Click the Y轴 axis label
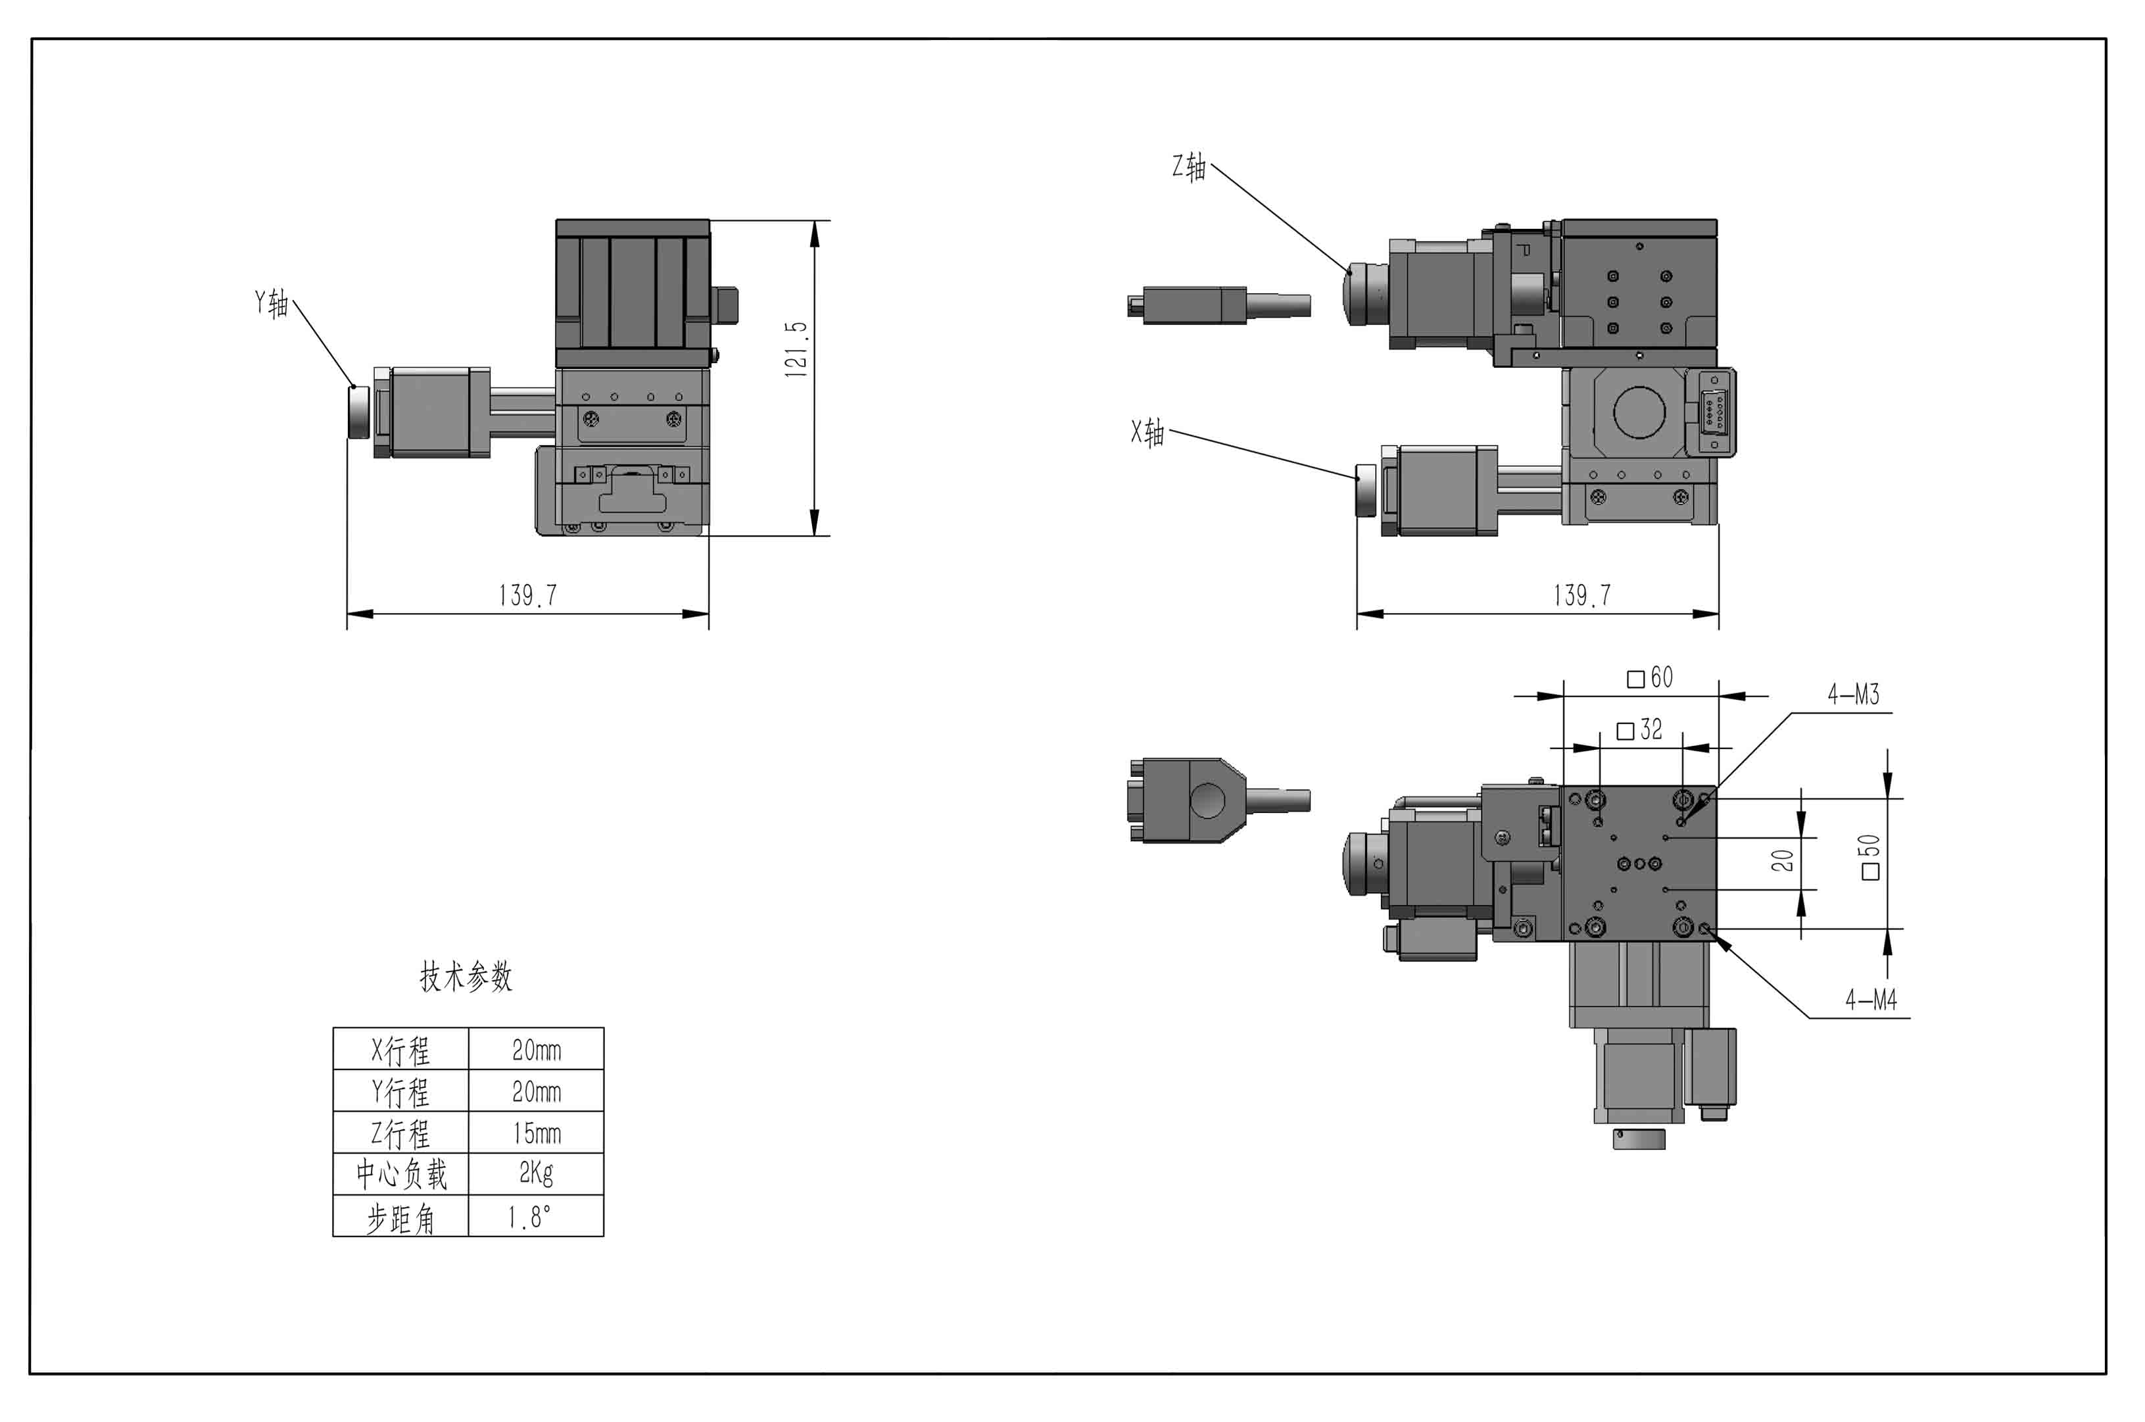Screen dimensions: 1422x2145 point(271,303)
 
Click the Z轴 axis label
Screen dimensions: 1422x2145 point(1188,167)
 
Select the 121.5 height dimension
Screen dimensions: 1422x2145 point(795,349)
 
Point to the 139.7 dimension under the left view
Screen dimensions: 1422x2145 point(527,596)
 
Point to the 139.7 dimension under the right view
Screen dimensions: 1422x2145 point(1582,596)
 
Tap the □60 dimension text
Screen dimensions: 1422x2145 point(1650,678)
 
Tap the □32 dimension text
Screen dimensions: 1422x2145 point(1640,730)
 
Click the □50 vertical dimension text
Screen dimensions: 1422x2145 point(1869,857)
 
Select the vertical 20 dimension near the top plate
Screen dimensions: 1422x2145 point(1783,860)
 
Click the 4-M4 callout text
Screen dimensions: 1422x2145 point(1871,1000)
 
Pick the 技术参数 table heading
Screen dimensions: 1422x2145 point(466,977)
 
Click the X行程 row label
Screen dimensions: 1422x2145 point(400,1050)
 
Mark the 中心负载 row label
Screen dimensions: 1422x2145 point(400,1175)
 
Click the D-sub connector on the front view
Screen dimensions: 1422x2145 point(1711,412)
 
